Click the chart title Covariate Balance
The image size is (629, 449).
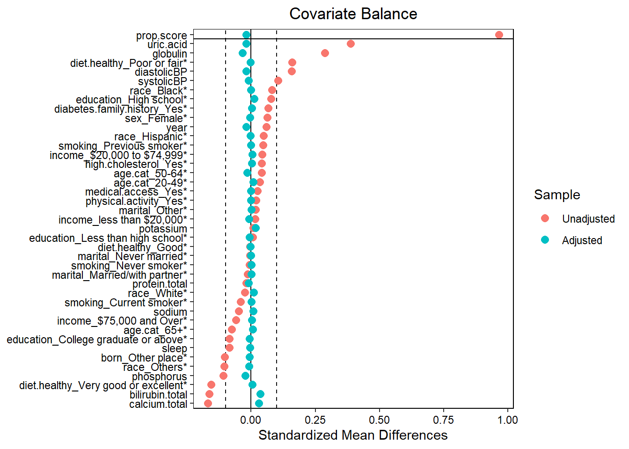click(x=353, y=14)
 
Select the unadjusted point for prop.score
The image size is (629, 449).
click(x=499, y=35)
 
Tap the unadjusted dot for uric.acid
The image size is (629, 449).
click(x=351, y=44)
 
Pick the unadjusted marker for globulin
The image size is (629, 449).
click(x=325, y=53)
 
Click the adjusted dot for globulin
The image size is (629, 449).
click(x=242, y=53)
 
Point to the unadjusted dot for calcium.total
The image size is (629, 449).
click(x=208, y=403)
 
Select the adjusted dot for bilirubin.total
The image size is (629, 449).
click(x=260, y=394)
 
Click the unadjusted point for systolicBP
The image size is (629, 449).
click(x=278, y=81)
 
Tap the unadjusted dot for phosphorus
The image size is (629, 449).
click(x=223, y=376)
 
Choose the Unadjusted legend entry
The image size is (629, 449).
click(x=588, y=219)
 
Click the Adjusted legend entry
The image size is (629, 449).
click(x=582, y=240)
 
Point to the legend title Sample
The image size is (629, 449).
click(x=557, y=195)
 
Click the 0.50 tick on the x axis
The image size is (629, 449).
click(x=380, y=420)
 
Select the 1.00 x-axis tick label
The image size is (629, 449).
click(x=508, y=420)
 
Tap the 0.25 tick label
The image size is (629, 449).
click(x=315, y=420)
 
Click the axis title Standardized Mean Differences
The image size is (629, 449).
click(x=353, y=435)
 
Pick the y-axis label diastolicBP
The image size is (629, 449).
click(x=161, y=72)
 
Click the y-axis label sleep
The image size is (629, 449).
click(x=174, y=348)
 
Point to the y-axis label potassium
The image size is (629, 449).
click(x=163, y=229)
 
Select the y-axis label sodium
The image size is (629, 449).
click(x=170, y=312)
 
